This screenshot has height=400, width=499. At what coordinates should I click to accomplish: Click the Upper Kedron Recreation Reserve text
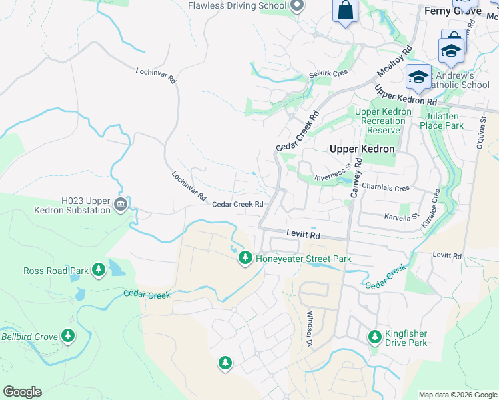coord(380,121)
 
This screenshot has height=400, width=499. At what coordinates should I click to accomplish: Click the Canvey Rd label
coord(356,177)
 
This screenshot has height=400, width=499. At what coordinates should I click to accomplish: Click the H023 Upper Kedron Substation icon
coord(120,204)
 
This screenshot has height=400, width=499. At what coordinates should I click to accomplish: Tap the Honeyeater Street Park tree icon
coord(245,258)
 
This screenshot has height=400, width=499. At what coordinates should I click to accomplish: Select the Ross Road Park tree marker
coord(99,270)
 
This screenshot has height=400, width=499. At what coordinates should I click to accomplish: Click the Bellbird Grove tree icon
coord(67,335)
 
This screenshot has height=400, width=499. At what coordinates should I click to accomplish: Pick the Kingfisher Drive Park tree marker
coord(375,337)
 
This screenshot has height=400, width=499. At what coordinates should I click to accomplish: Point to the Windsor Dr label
coord(310,329)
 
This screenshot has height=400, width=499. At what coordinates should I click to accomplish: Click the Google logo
coord(22,392)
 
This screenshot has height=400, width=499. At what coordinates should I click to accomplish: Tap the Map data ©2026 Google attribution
coord(457,395)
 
